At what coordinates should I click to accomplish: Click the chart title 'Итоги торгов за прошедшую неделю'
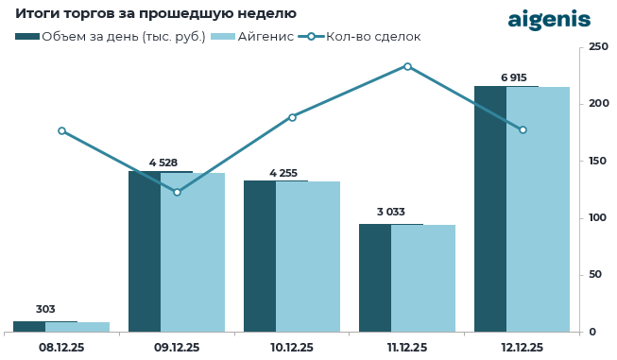156,14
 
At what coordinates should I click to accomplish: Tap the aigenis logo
549,20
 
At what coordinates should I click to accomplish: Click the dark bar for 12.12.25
490,209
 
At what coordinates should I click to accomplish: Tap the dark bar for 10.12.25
260,256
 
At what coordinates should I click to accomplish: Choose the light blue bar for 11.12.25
423,278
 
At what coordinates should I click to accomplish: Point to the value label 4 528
163,163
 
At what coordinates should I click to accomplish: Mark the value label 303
45,309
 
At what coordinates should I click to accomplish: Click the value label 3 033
391,212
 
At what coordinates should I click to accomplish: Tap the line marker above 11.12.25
407,66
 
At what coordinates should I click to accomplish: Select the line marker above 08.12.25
61,131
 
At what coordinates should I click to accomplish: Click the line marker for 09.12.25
177,192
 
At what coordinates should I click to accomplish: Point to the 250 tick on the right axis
597,46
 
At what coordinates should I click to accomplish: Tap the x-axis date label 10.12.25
292,348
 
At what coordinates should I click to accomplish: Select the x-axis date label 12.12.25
523,348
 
